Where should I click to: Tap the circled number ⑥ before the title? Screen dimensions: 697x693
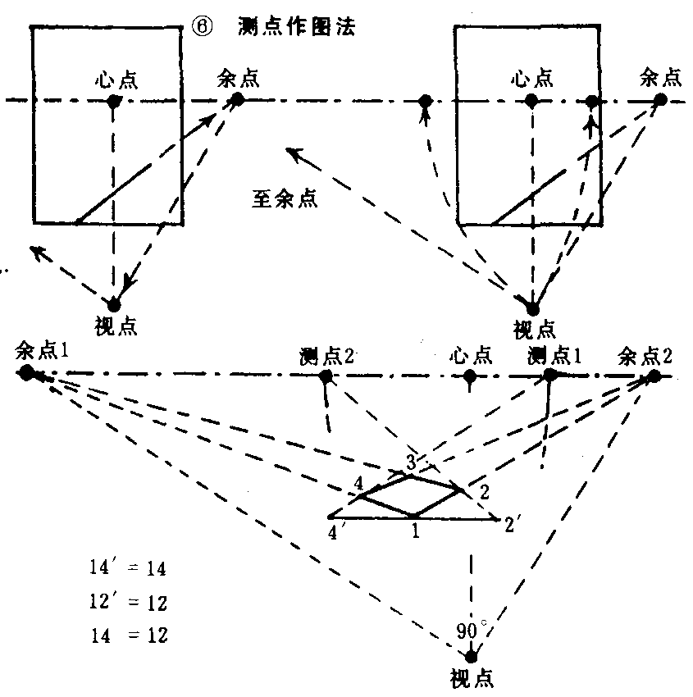coord(202,26)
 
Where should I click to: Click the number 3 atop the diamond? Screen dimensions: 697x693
coord(411,462)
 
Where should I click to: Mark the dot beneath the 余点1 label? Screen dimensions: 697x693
coord(27,373)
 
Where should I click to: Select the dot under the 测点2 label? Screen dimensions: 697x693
coord(326,377)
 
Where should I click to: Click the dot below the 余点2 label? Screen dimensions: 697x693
coord(653,376)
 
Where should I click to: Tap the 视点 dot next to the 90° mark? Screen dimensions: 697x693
coord(471,657)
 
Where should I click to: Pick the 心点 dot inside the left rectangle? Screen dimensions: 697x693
coord(114,102)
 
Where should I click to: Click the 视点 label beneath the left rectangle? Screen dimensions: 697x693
coord(116,326)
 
